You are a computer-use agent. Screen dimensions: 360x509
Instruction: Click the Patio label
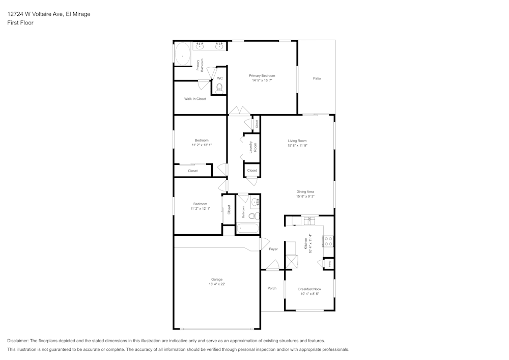point(317,78)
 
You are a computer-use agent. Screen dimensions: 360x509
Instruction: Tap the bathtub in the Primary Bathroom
point(182,54)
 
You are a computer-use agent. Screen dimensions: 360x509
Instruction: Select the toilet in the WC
point(220,89)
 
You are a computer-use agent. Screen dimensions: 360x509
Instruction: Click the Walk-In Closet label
point(195,99)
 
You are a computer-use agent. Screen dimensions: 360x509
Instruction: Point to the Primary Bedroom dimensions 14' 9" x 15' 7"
point(262,80)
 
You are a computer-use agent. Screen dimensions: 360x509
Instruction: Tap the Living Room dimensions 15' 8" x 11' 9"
point(297,146)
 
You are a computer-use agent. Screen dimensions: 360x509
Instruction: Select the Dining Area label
point(305,191)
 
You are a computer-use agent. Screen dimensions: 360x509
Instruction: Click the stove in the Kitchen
point(328,241)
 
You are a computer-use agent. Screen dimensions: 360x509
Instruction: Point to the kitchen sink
point(309,221)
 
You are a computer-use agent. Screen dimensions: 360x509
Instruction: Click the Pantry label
point(329,263)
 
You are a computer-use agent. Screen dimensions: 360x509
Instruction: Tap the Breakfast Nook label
point(309,289)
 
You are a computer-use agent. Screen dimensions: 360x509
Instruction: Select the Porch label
point(272,288)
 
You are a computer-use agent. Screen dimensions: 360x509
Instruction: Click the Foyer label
point(273,249)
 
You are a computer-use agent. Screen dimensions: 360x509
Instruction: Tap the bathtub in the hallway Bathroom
point(248,228)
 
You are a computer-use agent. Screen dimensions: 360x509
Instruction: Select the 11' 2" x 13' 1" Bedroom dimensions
point(202,145)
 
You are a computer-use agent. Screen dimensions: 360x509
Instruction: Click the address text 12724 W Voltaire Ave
point(36,14)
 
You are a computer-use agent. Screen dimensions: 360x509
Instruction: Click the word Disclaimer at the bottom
point(18,341)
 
